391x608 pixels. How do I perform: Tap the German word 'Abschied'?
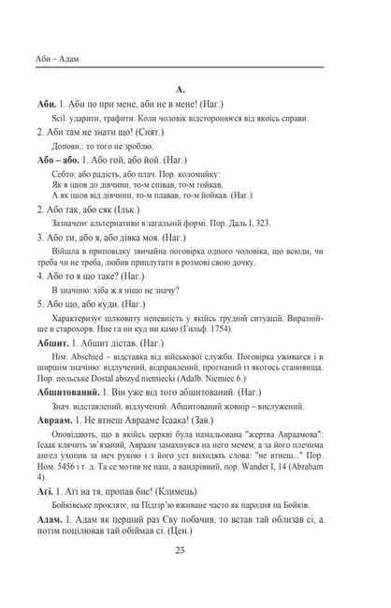pyautogui.click(x=80, y=337)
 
